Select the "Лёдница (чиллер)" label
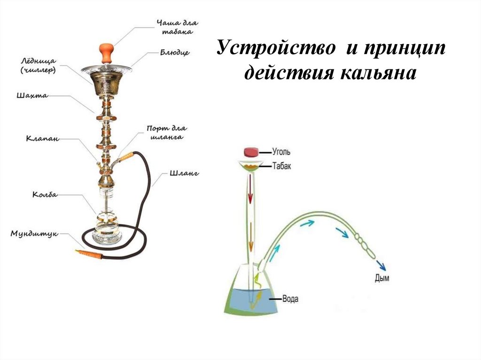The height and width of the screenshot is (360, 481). click(39, 65)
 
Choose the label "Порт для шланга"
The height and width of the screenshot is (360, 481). click(167, 132)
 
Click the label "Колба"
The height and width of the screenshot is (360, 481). click(45, 194)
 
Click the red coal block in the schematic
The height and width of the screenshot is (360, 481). click(251, 152)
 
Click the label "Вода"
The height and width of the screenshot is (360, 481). click(290, 299)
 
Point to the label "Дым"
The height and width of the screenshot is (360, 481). click(382, 278)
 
